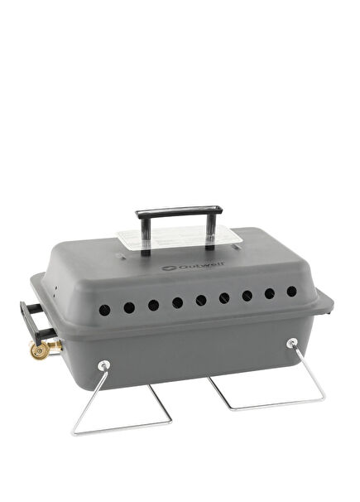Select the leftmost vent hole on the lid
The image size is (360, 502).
click(x=105, y=309)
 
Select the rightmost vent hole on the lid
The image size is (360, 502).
click(x=291, y=291)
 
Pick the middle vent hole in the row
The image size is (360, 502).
click(x=199, y=300)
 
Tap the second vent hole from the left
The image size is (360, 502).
click(x=129, y=307)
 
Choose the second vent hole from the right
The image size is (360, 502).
click(x=269, y=293)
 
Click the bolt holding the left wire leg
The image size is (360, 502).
click(x=103, y=365)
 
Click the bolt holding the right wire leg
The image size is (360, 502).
click(x=291, y=343)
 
